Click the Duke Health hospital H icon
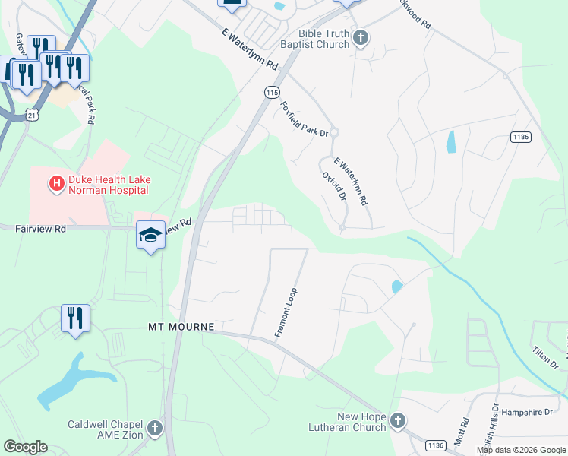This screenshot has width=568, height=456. point(55,183)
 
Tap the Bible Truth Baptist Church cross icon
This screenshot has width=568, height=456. point(361,37)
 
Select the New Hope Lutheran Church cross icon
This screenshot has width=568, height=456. point(398,421)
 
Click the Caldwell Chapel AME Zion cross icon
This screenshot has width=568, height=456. point(155,428)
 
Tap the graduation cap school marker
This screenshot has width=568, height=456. point(150,235)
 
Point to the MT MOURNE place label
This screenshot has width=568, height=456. point(181,327)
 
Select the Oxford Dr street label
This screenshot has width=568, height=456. point(335,186)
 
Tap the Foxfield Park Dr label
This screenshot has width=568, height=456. point(304,119)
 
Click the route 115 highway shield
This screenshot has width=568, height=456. point(272,92)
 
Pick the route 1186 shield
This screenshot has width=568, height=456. point(520,137)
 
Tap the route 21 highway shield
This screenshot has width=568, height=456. point(31,114)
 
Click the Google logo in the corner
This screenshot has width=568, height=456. point(25,447)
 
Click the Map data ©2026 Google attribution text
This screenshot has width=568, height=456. point(521,450)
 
